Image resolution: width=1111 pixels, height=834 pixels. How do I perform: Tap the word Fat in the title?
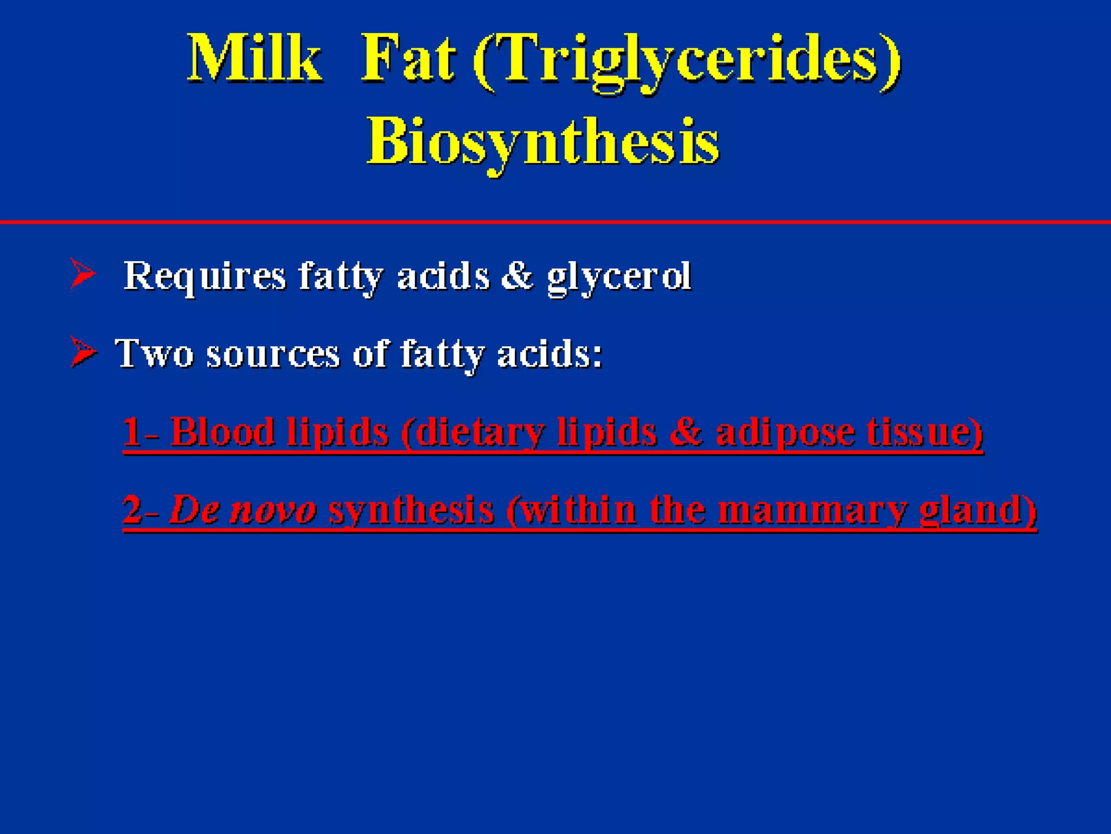(x=408, y=59)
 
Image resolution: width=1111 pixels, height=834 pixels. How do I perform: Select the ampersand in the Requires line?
(x=517, y=275)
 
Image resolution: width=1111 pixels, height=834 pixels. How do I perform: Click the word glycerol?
(x=619, y=277)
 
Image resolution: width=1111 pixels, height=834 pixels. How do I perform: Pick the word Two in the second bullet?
(x=154, y=353)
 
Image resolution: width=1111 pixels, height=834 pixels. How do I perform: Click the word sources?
(x=273, y=355)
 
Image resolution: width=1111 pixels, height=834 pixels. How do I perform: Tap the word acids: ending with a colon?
(x=550, y=353)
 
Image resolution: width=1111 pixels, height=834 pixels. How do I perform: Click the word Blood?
(x=222, y=432)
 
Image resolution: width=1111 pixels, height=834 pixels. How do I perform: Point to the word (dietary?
(x=472, y=433)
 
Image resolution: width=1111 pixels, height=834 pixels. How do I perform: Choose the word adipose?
(x=784, y=433)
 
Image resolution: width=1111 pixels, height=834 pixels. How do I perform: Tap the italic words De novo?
(x=242, y=510)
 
